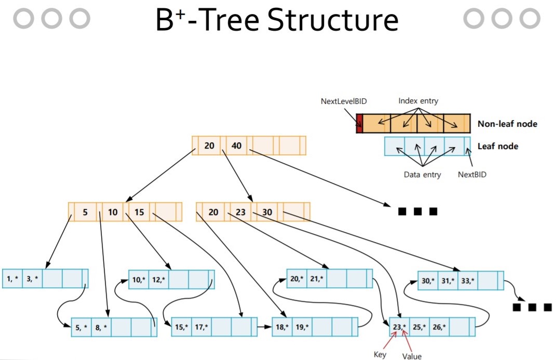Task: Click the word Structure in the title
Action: pyautogui.click(x=333, y=20)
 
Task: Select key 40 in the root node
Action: pyautogui.click(x=237, y=145)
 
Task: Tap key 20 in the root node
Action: pyautogui.click(x=209, y=145)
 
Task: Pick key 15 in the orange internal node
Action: pyautogui.click(x=139, y=212)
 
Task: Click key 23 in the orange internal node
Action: pyautogui.click(x=240, y=212)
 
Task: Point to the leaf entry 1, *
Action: pyautogui.click(x=12, y=279)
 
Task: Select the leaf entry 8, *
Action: pyautogui.click(x=101, y=327)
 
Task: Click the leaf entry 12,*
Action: pyautogui.click(x=158, y=280)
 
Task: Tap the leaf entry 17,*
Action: pyautogui.click(x=201, y=327)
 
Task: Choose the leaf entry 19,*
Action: pyautogui.click(x=302, y=327)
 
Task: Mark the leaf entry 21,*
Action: pyautogui.click(x=317, y=279)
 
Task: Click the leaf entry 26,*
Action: pyautogui.click(x=439, y=327)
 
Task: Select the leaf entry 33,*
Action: pyautogui.click(x=468, y=281)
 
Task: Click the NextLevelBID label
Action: pyautogui.click(x=344, y=101)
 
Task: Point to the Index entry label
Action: pyautogui.click(x=418, y=101)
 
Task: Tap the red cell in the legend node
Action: pyautogui.click(x=360, y=124)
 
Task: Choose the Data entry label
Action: pyautogui.click(x=422, y=175)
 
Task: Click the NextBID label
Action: pyautogui.click(x=472, y=175)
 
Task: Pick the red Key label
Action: pyautogui.click(x=380, y=354)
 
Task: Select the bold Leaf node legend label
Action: pyautogui.click(x=498, y=146)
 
